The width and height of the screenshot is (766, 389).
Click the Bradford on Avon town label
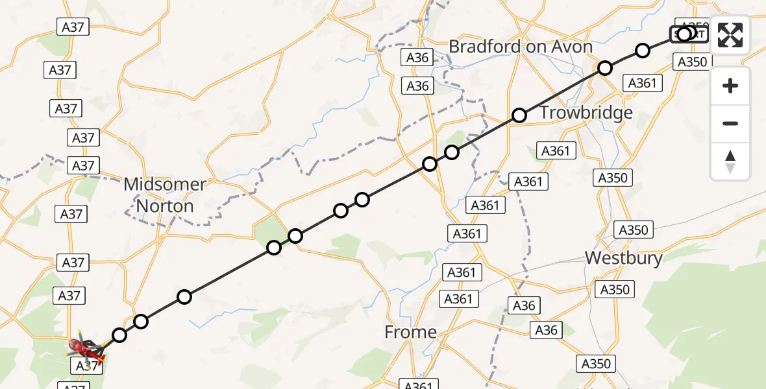521,47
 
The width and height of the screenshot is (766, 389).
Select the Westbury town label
623,258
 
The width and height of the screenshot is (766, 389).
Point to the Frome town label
410,333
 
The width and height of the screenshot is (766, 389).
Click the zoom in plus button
730,86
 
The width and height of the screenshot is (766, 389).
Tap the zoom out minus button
730,123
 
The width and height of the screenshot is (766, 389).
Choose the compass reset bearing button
730,161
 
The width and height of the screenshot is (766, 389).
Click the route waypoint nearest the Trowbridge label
519,115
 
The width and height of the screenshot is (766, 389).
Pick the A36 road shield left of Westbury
524,305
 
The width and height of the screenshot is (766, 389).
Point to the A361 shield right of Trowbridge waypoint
555,151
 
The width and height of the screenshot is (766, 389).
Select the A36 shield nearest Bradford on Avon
417,57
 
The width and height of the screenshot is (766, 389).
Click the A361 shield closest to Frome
458,299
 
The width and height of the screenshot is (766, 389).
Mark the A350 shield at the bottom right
596,363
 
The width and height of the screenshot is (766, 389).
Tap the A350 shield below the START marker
691,62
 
